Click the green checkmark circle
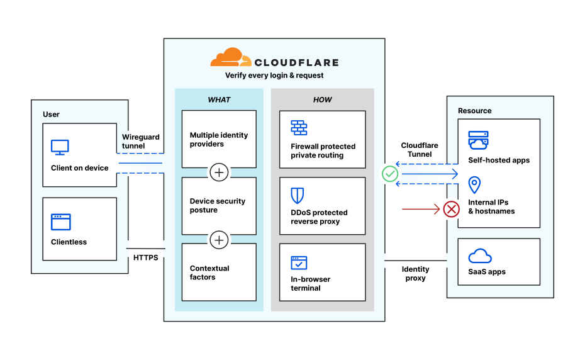(x=390, y=173)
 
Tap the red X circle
(x=452, y=209)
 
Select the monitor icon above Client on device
(x=60, y=147)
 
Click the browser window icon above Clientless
(x=61, y=222)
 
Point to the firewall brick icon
(x=299, y=128)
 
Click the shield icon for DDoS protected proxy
(x=298, y=194)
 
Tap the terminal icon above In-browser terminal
(x=299, y=262)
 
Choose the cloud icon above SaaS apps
(x=480, y=256)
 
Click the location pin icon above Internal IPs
(x=475, y=185)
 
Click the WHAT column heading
(x=219, y=100)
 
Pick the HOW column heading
(x=322, y=100)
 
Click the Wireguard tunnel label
(x=140, y=142)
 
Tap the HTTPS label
(x=146, y=258)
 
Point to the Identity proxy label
(x=415, y=274)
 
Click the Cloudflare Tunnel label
(x=420, y=150)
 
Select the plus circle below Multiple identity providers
(x=219, y=172)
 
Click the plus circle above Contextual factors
(x=219, y=239)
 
